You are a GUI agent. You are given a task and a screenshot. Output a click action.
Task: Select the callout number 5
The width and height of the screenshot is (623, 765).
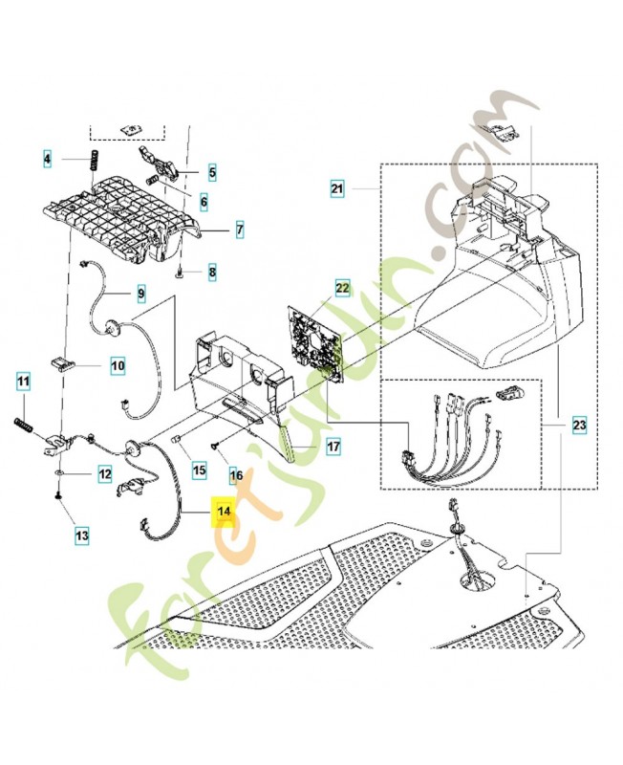[212, 173]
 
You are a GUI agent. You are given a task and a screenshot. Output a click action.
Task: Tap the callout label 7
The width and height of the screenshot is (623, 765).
[239, 229]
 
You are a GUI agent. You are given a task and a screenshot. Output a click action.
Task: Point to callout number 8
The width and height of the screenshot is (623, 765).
[212, 273]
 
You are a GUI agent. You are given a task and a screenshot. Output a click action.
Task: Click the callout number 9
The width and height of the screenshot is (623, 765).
[140, 292]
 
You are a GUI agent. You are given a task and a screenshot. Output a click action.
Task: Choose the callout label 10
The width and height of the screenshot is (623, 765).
[118, 364]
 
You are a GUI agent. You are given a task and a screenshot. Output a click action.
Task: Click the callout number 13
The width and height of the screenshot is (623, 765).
[82, 535]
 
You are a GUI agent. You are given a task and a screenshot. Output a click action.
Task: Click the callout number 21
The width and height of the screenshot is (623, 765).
[336, 190]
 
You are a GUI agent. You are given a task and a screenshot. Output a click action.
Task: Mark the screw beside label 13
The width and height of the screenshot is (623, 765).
[58, 497]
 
